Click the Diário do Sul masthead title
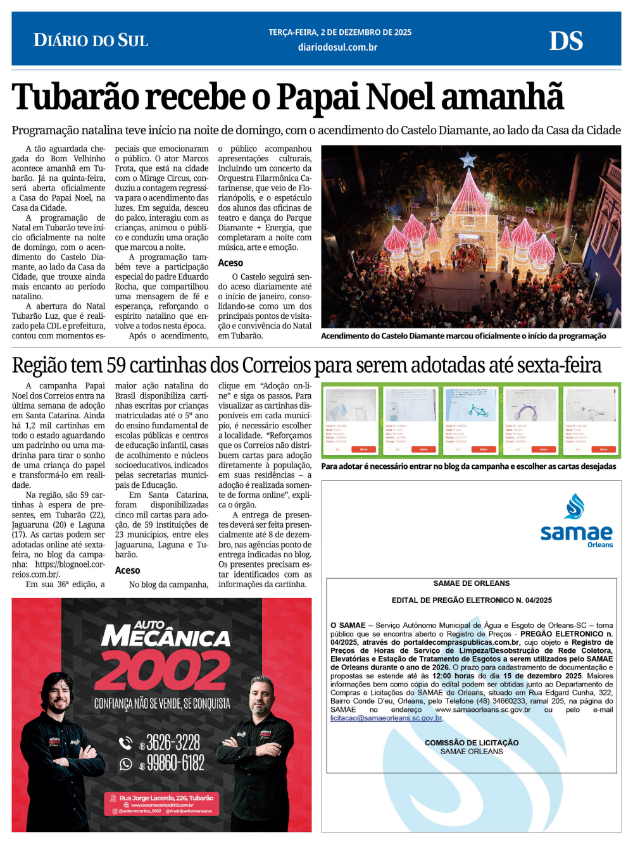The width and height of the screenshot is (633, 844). pos(91,40)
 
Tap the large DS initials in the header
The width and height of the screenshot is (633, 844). pos(566,41)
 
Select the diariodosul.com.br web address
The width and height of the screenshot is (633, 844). pos(337,47)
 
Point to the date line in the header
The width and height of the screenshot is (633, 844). pos(340,32)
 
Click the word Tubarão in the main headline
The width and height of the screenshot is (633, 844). pos(75,97)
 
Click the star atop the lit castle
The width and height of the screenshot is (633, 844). pos(468,160)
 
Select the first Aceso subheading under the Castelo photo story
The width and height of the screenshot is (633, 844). pos(230,263)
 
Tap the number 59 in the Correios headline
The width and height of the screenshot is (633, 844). pos(116,366)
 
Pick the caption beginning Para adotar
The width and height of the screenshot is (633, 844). pos(468,466)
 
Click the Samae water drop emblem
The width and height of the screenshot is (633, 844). pos(575,506)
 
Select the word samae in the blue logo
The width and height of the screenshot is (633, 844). pos(576,533)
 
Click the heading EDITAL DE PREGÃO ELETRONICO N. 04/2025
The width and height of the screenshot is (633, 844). pos(472,600)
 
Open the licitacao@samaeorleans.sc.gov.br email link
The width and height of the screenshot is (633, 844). pos(386,718)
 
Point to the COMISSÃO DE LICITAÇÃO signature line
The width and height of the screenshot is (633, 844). pos(472,743)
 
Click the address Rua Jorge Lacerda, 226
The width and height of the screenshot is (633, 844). pos(166,798)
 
